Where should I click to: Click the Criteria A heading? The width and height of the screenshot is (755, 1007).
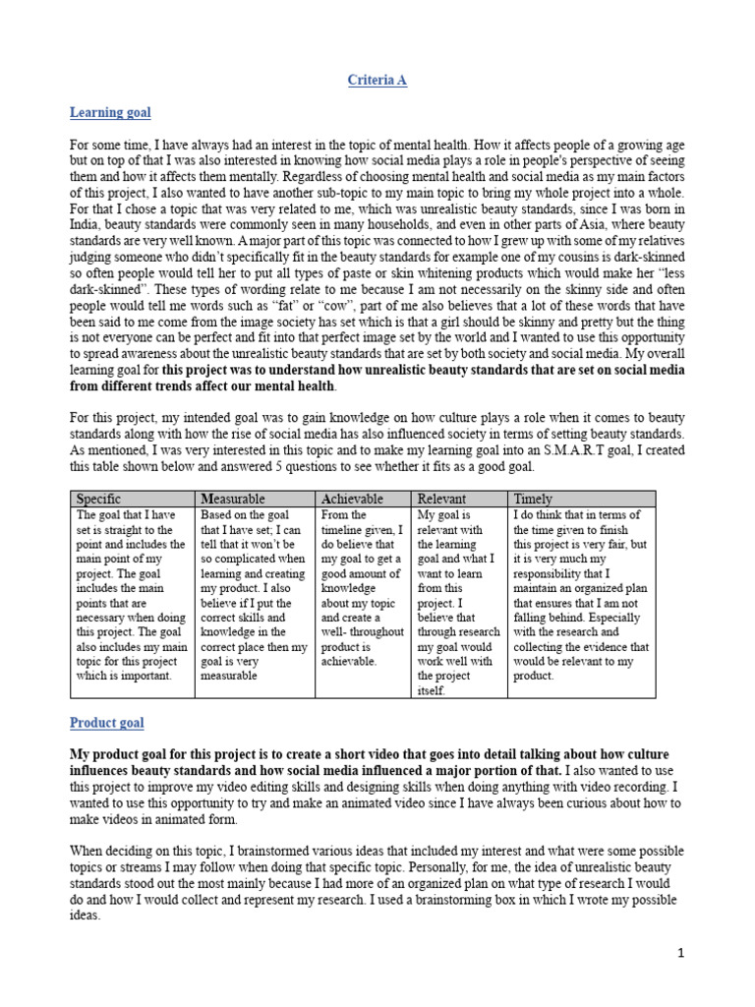[x=377, y=81]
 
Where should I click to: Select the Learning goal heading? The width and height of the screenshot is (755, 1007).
[x=110, y=113]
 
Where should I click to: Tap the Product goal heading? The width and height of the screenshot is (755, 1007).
[x=106, y=723]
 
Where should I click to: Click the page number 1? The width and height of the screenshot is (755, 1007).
[x=679, y=953]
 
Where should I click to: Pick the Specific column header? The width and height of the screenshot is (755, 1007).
[x=98, y=499]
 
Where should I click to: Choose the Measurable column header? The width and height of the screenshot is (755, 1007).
[x=233, y=499]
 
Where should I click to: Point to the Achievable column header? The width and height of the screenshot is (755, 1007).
[x=352, y=499]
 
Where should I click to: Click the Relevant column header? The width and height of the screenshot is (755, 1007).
[x=441, y=499]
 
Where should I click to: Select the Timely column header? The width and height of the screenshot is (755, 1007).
[x=534, y=499]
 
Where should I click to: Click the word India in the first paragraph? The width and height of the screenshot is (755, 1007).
[x=87, y=225]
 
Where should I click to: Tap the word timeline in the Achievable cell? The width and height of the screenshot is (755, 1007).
[x=344, y=529]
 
